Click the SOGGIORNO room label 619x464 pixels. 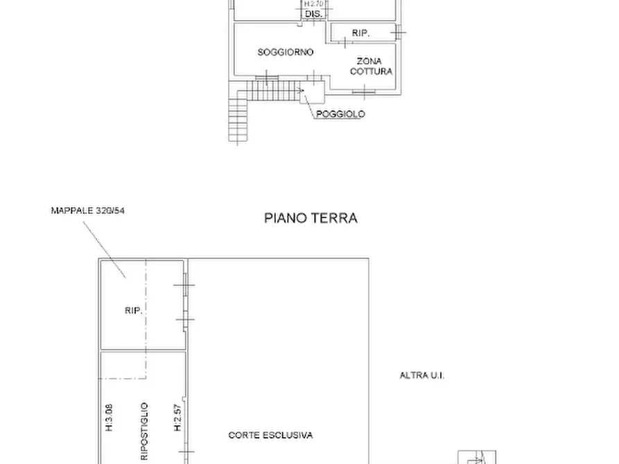click(x=286, y=52)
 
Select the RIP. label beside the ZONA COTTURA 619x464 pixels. click(x=360, y=33)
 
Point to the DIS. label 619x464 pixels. click(x=313, y=14)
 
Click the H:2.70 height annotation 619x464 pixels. click(x=313, y=4)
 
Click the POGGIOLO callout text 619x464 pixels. click(x=340, y=114)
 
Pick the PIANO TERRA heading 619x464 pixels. click(x=311, y=218)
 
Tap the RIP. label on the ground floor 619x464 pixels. click(x=133, y=311)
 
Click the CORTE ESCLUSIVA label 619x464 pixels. click(x=270, y=436)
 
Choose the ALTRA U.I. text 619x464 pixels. click(x=421, y=375)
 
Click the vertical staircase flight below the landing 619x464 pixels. click(x=238, y=118)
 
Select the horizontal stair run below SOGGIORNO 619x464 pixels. click(x=274, y=91)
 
